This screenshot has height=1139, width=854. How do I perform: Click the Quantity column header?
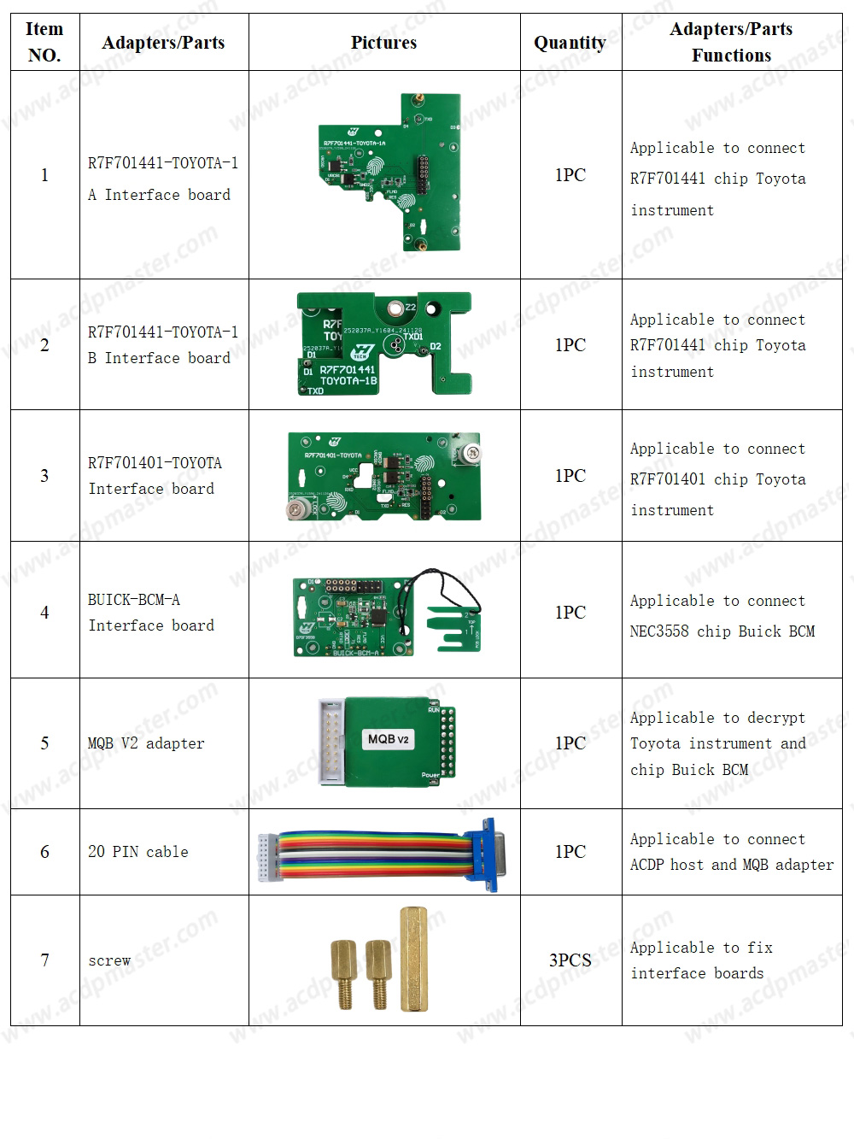[570, 43]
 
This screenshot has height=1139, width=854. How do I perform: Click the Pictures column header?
[383, 43]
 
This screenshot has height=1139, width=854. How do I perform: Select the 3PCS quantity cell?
[570, 960]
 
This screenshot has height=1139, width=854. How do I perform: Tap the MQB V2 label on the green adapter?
[389, 739]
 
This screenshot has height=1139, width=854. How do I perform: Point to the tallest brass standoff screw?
[414, 959]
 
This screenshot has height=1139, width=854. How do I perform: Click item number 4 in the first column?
[44, 613]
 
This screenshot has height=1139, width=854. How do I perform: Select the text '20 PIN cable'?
[137, 852]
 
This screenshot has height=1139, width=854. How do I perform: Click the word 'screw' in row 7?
[109, 960]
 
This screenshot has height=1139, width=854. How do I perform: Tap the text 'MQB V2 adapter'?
[146, 743]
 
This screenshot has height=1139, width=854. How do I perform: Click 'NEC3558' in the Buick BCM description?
[659, 631]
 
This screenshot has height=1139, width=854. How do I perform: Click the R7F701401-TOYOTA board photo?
[384, 476]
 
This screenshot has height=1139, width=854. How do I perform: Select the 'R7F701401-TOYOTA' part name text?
[155, 463]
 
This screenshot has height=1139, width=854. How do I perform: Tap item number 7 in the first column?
[44, 960]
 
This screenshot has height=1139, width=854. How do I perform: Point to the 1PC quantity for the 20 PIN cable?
[570, 852]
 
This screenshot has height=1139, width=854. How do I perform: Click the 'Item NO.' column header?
[44, 42]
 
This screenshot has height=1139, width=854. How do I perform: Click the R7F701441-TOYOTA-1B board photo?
[384, 344]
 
